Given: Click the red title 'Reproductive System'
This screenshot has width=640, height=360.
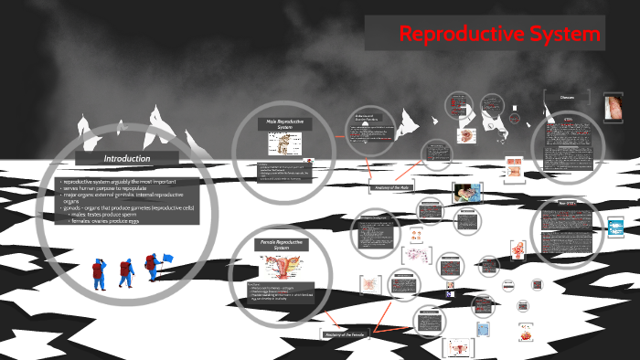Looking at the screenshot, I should [x=500, y=35].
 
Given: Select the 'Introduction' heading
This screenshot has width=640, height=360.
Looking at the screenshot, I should [x=126, y=158].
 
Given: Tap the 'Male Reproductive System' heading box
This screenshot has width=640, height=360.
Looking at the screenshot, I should [x=284, y=124].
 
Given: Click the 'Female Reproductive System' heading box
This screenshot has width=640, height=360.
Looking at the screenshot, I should [x=282, y=245].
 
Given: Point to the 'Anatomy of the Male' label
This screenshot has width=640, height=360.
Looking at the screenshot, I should [x=393, y=187].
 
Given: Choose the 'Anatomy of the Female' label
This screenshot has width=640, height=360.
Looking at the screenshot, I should [x=346, y=334].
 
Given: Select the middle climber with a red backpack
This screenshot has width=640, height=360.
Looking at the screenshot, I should [x=125, y=271].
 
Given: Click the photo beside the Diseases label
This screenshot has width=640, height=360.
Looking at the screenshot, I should [x=615, y=108].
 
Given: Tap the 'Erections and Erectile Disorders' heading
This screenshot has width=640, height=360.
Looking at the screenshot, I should [x=367, y=119].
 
